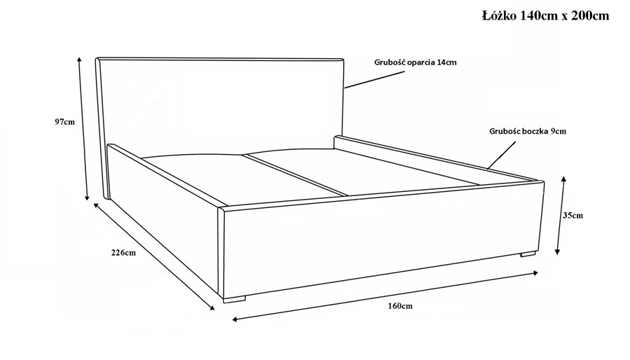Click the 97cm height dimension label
coord(64,122)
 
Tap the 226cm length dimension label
coord(123,253)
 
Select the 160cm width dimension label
coord(400,306)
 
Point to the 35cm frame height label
coord(573,215)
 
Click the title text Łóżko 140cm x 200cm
coord(545,15)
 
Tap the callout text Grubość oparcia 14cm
coord(415,62)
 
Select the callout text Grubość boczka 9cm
coord(528,131)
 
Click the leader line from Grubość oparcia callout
coord(374,80)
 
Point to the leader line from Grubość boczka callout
coord(501,155)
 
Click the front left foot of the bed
coord(234,299)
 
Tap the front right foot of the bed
coord(528,254)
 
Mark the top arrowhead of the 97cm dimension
coord(79,60)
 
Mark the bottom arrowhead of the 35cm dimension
coord(557,251)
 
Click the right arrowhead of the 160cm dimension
coord(535,273)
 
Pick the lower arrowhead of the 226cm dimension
coord(211,307)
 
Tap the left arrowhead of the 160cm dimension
coord(235,320)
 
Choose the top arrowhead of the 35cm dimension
coord(563,179)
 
